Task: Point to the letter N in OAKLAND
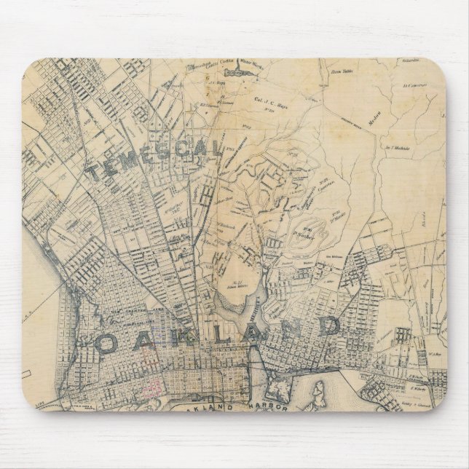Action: [x=296, y=328]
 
